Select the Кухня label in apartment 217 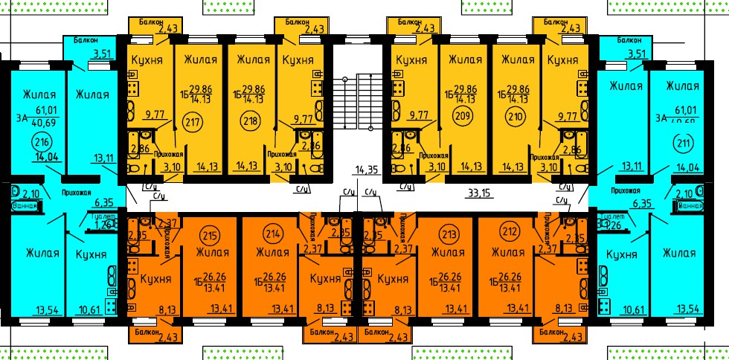tap(147, 60)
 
